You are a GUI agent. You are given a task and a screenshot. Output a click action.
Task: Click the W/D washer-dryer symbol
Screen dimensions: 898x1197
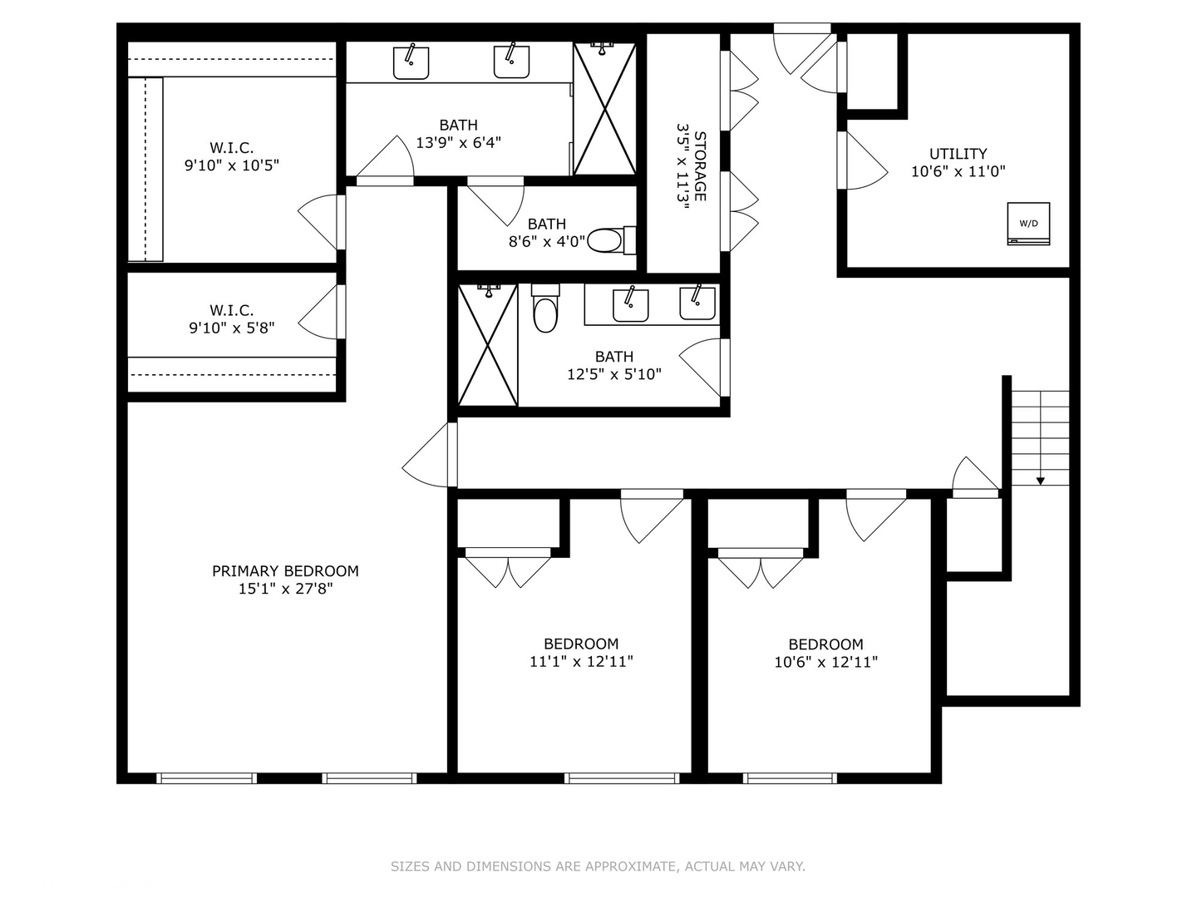(x=1028, y=224)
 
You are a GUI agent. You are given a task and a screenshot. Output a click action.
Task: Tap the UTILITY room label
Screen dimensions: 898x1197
(x=958, y=154)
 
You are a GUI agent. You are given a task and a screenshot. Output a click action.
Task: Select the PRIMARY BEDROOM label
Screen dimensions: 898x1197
(x=285, y=571)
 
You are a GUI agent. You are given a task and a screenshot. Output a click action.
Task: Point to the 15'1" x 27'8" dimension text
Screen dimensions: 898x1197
(x=285, y=589)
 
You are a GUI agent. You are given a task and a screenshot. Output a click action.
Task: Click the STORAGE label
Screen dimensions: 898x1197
(x=700, y=166)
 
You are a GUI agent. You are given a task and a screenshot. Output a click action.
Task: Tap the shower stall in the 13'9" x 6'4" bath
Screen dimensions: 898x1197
(x=604, y=108)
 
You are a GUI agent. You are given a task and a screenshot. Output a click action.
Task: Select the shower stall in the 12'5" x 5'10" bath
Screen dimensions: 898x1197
(x=487, y=345)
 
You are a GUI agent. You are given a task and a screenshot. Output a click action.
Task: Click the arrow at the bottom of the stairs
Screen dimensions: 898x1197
(x=1040, y=480)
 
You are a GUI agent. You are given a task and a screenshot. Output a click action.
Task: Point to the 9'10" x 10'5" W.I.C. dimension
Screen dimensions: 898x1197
(x=232, y=165)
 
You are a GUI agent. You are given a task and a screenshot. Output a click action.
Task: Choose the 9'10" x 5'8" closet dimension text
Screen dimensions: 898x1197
(x=232, y=328)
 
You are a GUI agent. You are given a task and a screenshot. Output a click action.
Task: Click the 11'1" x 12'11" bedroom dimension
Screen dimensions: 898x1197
(x=581, y=662)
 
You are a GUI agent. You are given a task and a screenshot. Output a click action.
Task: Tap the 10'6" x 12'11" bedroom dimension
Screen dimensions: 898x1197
(x=825, y=662)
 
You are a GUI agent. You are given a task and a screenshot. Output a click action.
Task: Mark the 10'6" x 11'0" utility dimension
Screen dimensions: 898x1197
(x=958, y=171)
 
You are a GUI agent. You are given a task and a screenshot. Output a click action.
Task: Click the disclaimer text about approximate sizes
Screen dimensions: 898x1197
(x=598, y=866)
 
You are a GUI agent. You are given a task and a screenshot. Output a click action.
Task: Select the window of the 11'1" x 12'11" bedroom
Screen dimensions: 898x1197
(x=622, y=778)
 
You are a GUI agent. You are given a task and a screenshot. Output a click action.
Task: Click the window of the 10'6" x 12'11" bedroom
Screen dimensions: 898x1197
(x=790, y=778)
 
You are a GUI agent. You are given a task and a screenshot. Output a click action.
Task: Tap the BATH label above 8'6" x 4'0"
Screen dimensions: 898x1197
(x=546, y=224)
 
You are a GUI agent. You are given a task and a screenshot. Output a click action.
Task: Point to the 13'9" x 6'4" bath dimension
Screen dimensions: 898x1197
(x=458, y=142)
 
